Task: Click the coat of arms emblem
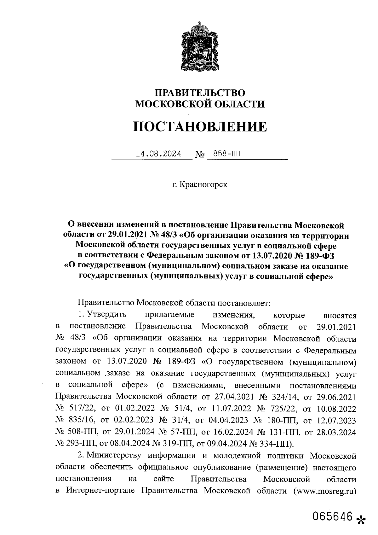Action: click(x=199, y=47)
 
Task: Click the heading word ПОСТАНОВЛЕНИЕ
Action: click(x=200, y=127)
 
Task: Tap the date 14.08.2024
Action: click(x=158, y=154)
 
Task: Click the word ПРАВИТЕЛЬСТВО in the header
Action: click(x=200, y=93)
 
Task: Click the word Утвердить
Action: click(x=107, y=315)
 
